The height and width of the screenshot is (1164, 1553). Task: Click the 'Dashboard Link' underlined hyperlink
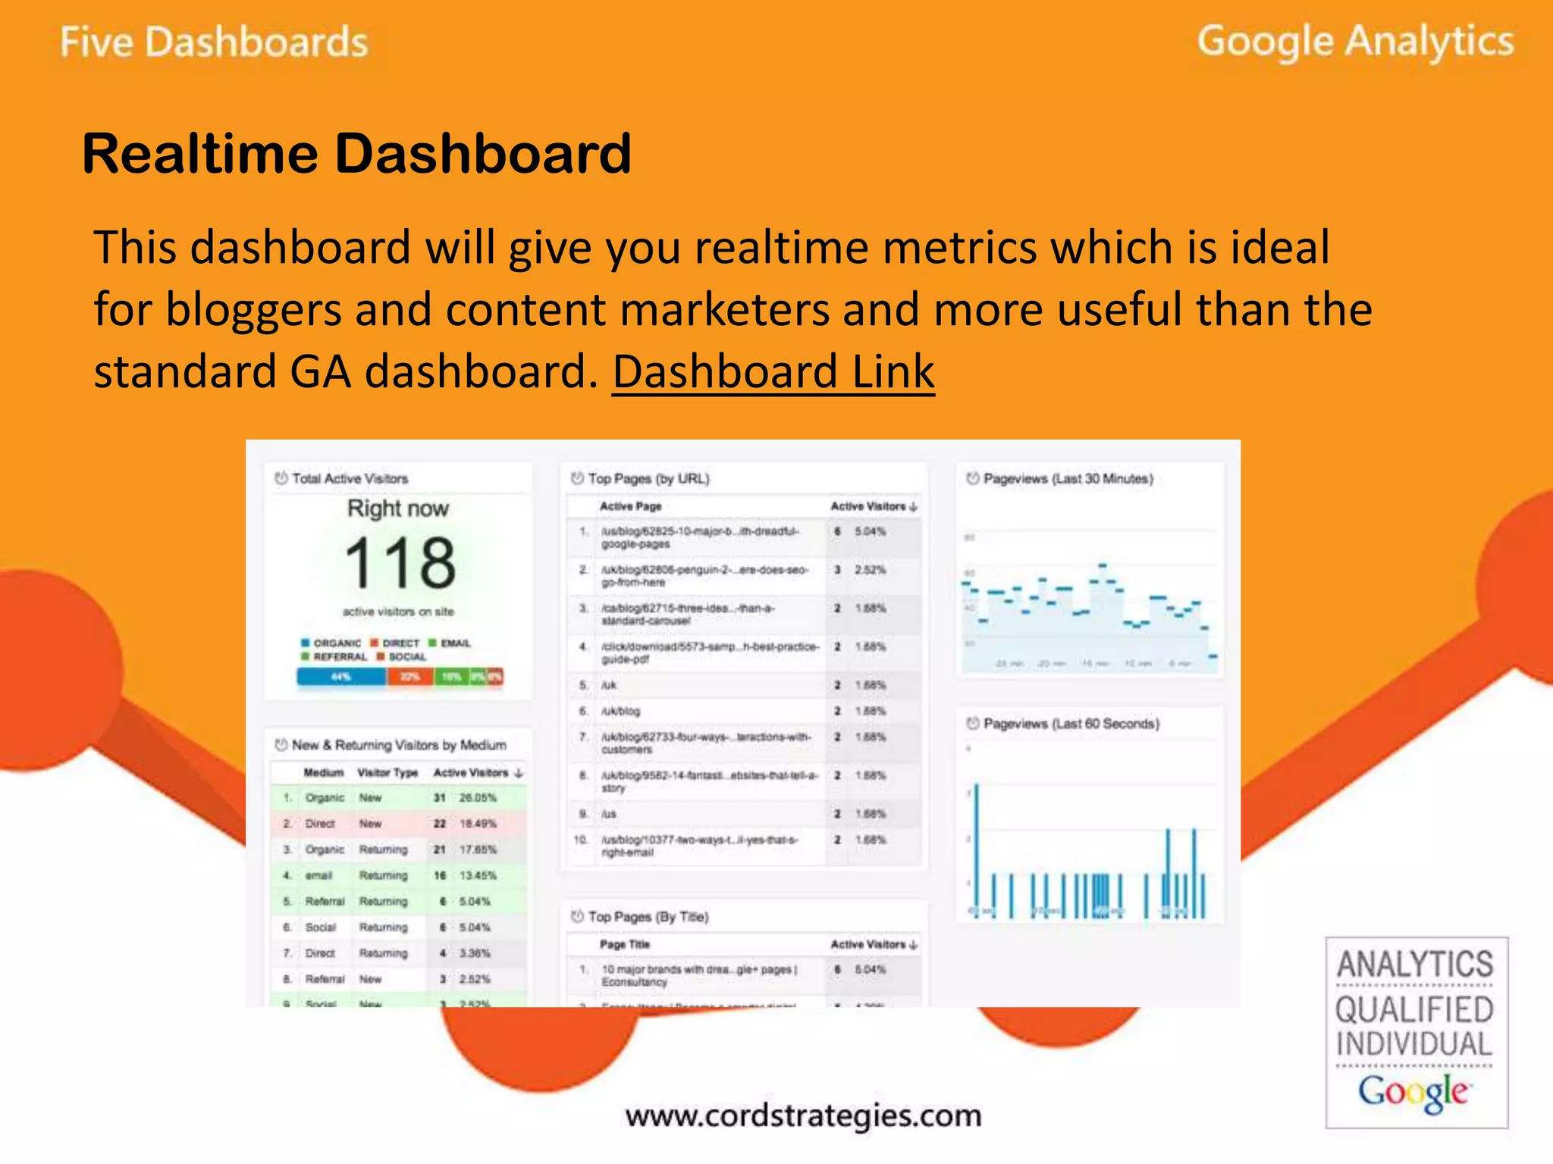coord(773,371)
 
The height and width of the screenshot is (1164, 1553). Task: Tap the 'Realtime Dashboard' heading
coord(356,154)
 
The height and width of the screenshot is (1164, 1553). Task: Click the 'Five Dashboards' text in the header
coord(214,42)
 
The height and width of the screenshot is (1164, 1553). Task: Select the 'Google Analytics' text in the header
coord(1355,42)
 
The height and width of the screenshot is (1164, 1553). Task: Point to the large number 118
coord(400,563)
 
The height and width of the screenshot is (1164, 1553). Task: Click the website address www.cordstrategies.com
coord(803,1115)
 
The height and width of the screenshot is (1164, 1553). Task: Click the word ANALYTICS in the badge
coord(1415,965)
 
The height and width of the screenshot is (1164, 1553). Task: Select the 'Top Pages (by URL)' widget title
coord(648,479)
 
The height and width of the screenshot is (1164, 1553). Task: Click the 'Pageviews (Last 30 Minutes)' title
coord(1068,479)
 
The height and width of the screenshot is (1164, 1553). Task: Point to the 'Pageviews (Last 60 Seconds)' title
coord(1071,724)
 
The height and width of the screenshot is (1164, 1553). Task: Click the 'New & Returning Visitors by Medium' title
coord(399,745)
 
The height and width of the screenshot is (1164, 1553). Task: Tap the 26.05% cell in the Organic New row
coord(478,798)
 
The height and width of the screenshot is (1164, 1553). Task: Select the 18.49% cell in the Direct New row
coord(478,824)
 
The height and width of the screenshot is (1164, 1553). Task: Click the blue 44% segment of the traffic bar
coord(341,677)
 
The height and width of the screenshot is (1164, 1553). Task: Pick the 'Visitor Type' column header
coord(387,773)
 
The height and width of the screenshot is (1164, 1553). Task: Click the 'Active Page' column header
coord(630,506)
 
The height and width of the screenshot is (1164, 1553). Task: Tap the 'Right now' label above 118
coord(398,508)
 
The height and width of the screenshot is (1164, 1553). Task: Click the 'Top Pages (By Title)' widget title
coord(648,917)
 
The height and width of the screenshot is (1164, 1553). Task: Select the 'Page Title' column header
coord(624,944)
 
